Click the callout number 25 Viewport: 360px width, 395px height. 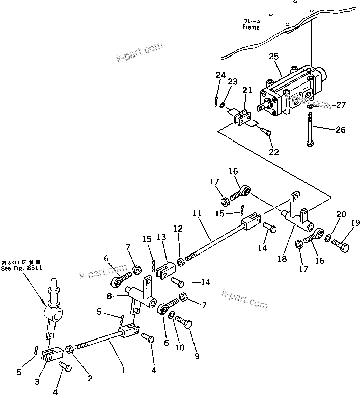tap(273, 57)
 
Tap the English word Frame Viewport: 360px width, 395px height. tap(251, 27)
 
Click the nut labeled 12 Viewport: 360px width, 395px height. tap(180, 262)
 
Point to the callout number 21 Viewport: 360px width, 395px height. tap(247, 91)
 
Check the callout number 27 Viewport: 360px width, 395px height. tap(340, 105)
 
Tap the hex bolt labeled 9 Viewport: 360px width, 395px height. tap(185, 323)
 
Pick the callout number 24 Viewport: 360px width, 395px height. tap(220, 75)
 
